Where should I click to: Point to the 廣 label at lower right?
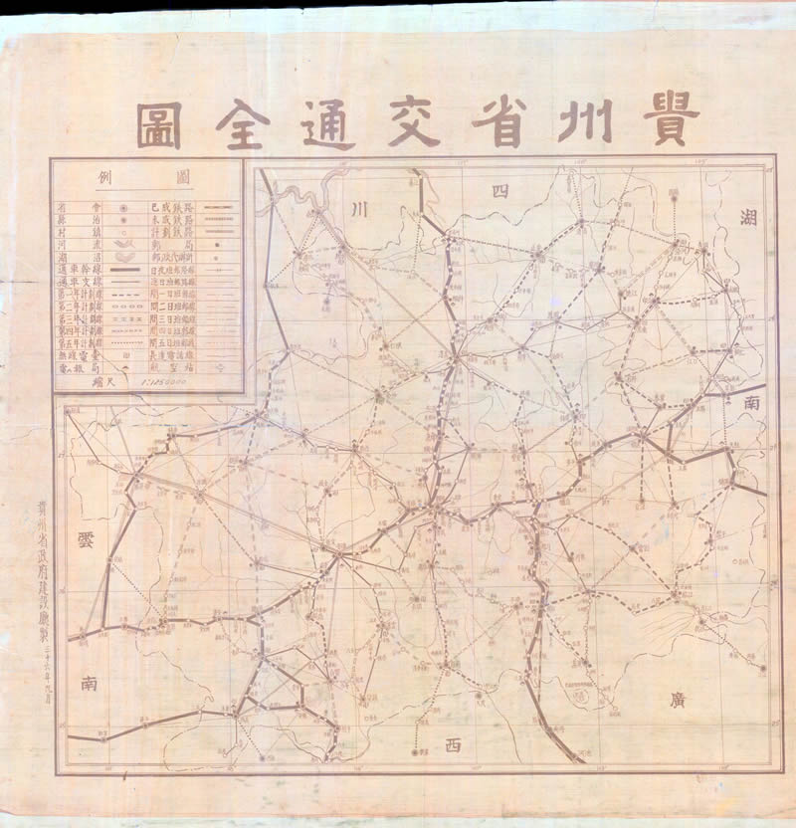tap(666, 701)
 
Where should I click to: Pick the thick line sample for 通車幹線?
tap(123, 270)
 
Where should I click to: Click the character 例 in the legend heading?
tap(107, 178)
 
